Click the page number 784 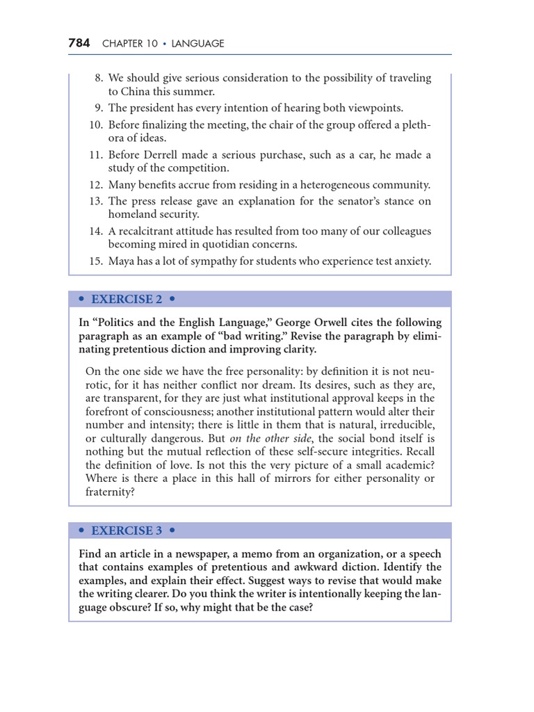click(x=79, y=43)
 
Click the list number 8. click(x=99, y=78)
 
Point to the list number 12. click(x=96, y=185)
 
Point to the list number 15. click(x=96, y=261)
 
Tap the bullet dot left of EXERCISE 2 click(x=82, y=299)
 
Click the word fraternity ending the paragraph click(x=110, y=492)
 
